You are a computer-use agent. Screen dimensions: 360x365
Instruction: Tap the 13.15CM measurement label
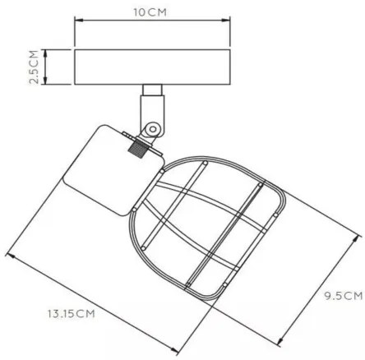coord(68,313)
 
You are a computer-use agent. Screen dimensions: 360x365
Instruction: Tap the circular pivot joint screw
coord(152,128)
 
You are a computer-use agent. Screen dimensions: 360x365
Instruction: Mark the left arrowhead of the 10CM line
coord(77,24)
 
